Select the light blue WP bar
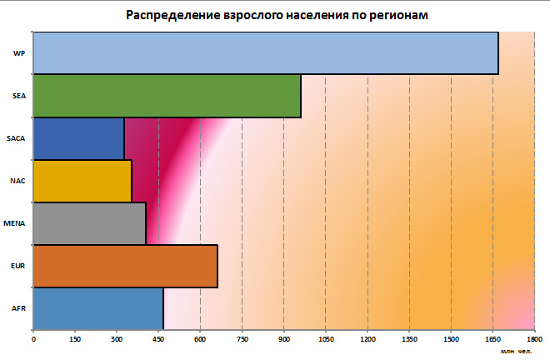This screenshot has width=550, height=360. pyautogui.click(x=265, y=53)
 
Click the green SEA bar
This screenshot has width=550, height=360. pyautogui.click(x=167, y=96)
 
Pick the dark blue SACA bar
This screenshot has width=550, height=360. pyautogui.click(x=78, y=138)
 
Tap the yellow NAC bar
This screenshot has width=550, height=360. pyautogui.click(x=82, y=181)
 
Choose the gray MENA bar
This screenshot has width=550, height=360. pyautogui.click(x=89, y=223)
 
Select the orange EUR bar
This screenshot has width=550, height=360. pyautogui.click(x=125, y=266)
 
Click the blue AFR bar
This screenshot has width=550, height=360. pyautogui.click(x=98, y=308)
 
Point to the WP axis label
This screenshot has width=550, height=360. pyautogui.click(x=17, y=53)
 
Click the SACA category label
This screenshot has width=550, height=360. pyautogui.click(x=15, y=138)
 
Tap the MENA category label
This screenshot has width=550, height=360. pyautogui.click(x=15, y=223)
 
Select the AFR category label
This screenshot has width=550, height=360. pyautogui.click(x=17, y=308)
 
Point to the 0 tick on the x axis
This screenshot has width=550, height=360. pyautogui.click(x=33, y=340)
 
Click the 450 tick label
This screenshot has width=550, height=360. pyautogui.click(x=158, y=340)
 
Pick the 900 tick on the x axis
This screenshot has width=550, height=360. pyautogui.click(x=283, y=340)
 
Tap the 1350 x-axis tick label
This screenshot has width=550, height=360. pyautogui.click(x=408, y=340)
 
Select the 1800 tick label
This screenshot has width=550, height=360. pyautogui.click(x=532, y=340)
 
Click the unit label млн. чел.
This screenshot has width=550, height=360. pyautogui.click(x=516, y=353)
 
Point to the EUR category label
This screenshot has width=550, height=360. pyautogui.click(x=17, y=266)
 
